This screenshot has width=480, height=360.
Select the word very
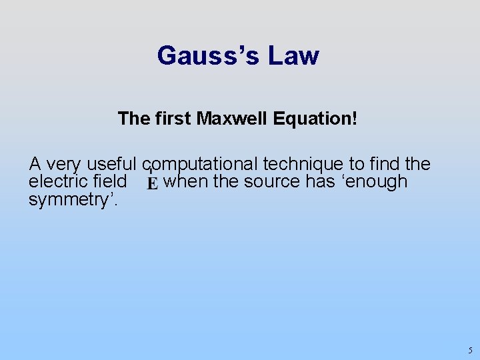(x=66, y=164)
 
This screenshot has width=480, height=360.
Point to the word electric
(x=55, y=182)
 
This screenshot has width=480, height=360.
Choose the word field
(x=109, y=182)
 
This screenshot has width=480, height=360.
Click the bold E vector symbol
(x=153, y=183)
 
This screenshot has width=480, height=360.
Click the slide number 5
(x=469, y=350)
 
